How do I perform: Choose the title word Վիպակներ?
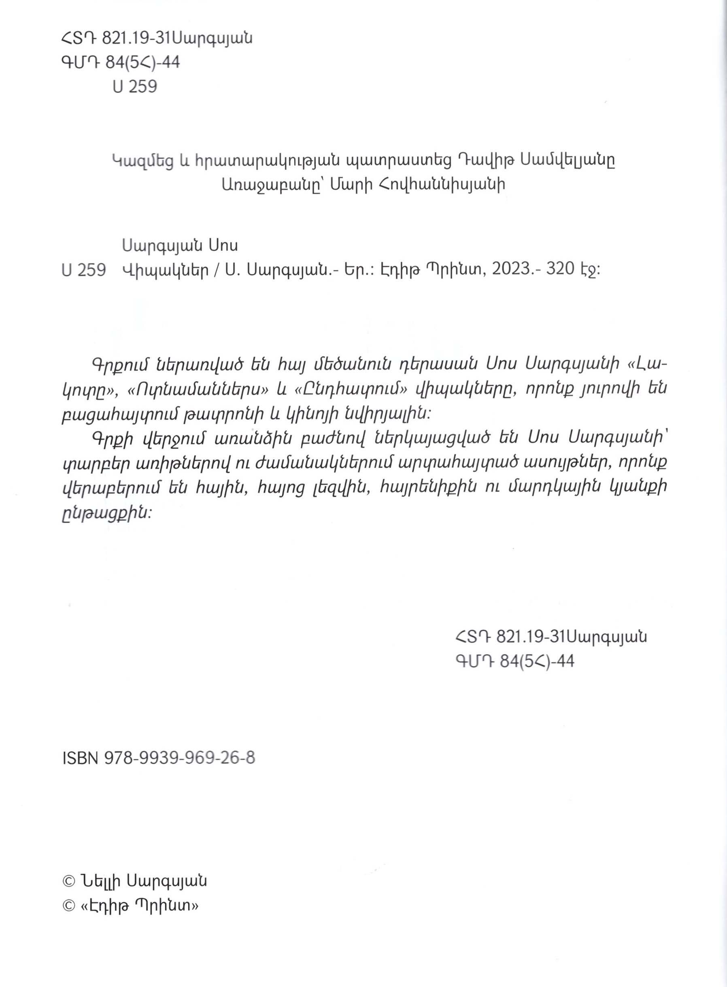(x=166, y=269)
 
